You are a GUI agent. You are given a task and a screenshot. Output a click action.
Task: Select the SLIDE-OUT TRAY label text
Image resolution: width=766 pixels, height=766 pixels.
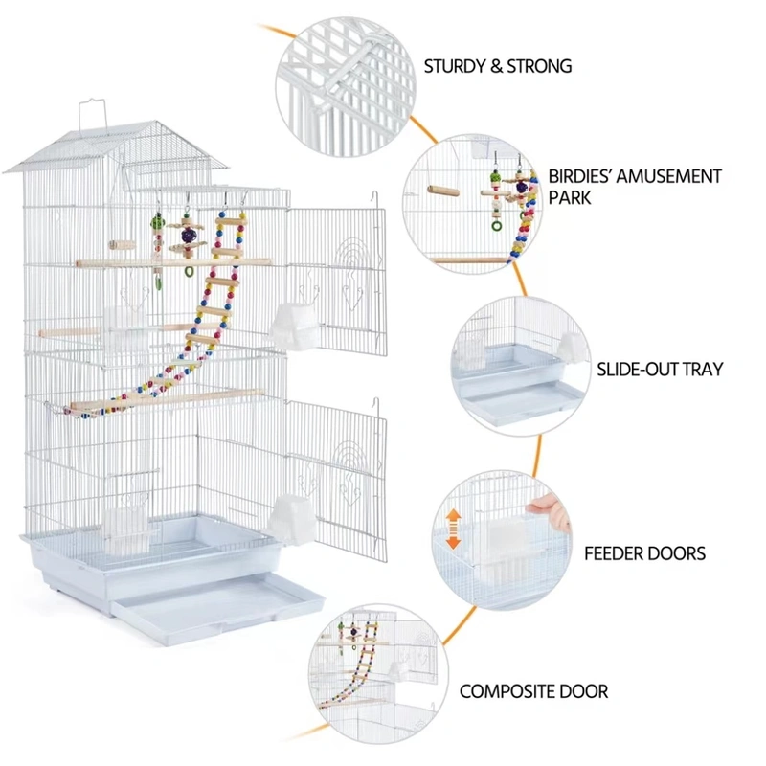(x=660, y=369)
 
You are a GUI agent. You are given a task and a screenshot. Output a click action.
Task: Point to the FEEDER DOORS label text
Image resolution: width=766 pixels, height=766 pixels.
(x=644, y=553)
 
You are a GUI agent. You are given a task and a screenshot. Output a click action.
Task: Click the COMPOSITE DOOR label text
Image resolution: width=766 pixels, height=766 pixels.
(x=533, y=691)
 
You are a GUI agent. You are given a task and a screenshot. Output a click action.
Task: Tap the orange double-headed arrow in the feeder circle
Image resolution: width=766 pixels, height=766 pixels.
(x=453, y=529)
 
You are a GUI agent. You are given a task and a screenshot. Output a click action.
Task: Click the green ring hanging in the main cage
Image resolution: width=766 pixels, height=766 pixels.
(x=189, y=271)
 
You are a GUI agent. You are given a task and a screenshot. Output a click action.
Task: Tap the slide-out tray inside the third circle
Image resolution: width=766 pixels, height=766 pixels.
(x=522, y=393)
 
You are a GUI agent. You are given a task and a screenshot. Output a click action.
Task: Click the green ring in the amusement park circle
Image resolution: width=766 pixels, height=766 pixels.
(x=496, y=226)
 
